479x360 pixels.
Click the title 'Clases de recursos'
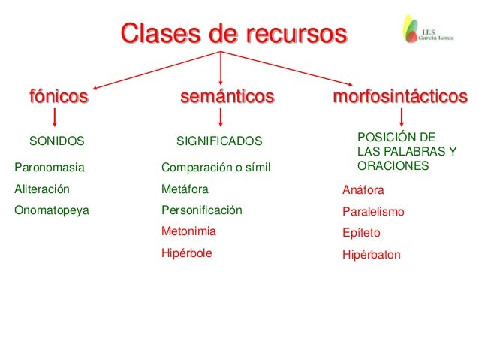point(233,34)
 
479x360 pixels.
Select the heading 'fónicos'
point(59,97)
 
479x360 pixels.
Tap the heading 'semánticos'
point(227,97)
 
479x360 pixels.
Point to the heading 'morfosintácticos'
point(399,97)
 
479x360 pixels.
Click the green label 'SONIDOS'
point(56,141)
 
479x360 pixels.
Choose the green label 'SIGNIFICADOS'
point(219,141)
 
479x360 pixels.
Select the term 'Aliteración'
point(42,189)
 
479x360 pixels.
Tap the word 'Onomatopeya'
point(51,210)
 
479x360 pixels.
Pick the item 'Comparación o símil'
point(215,167)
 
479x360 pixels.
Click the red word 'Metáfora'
point(185,189)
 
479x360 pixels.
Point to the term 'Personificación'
point(202,210)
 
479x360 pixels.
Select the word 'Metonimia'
point(188,231)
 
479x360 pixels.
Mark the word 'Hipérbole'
point(187,253)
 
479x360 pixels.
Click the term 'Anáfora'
point(363,191)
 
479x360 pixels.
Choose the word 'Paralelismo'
point(373,212)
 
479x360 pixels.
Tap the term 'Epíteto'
point(360,233)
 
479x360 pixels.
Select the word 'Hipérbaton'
point(371,255)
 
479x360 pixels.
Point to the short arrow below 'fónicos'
point(55,117)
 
